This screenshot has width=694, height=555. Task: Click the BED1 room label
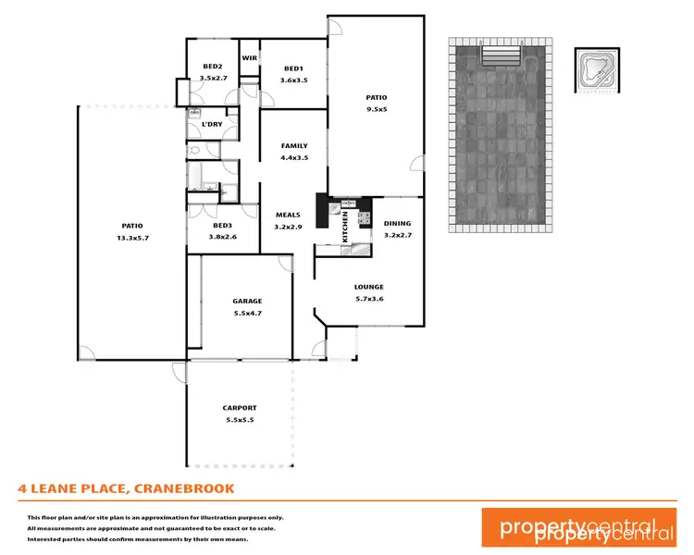(293, 68)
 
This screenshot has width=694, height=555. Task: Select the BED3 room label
(222, 226)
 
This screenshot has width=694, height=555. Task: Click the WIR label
(249, 57)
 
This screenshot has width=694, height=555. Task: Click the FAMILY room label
(294, 145)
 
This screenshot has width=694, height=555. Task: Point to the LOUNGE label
(368, 287)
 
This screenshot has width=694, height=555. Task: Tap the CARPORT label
(240, 408)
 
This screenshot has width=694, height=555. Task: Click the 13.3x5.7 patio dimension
(132, 237)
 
